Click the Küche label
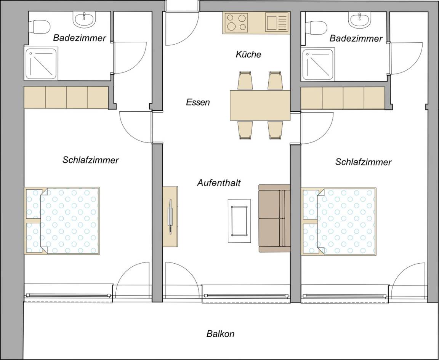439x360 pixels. coord(248,54)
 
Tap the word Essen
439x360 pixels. coord(198,102)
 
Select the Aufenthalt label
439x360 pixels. coord(219,183)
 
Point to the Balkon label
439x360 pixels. coord(220,334)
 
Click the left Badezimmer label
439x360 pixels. coord(80,38)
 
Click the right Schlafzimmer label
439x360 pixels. coord(364,162)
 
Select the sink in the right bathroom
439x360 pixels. coord(359,20)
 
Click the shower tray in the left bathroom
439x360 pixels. coord(42,64)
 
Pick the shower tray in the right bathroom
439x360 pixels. coord(318,65)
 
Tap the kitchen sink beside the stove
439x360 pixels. coord(276,23)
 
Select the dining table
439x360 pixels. coord(260,105)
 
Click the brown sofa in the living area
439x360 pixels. coord(274,218)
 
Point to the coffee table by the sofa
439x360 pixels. coord(239,221)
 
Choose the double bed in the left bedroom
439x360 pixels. coord(62,221)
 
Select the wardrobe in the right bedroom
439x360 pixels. coord(343,98)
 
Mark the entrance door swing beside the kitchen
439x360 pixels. coord(182,28)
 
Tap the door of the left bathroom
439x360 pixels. coord(130,58)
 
